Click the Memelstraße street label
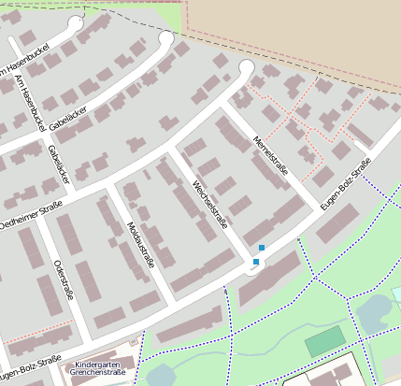click(x=269, y=156)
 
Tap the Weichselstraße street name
click(x=210, y=204)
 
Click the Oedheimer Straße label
click(x=30, y=214)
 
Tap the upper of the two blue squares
click(x=262, y=247)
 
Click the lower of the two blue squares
click(x=255, y=262)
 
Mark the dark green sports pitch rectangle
click(x=324, y=341)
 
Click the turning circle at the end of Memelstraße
click(x=247, y=67)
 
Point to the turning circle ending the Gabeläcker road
click(x=166, y=38)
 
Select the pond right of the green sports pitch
click(x=374, y=313)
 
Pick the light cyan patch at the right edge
click(x=396, y=294)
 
